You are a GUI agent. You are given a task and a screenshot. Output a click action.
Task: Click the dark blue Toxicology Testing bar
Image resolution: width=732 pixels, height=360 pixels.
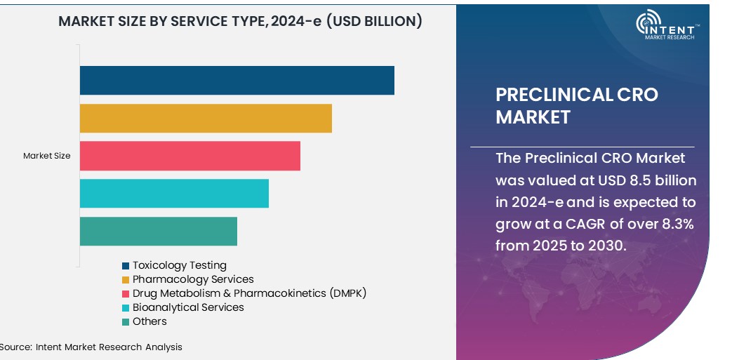(237, 80)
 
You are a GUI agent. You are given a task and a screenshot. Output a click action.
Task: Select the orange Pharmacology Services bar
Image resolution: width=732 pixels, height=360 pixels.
(205, 118)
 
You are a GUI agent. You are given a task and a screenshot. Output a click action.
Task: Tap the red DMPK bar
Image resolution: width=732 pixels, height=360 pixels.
(189, 156)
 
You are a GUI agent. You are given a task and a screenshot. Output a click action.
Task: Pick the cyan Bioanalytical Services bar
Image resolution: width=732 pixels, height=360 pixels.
(174, 193)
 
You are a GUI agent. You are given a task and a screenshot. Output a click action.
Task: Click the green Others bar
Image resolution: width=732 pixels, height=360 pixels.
(158, 231)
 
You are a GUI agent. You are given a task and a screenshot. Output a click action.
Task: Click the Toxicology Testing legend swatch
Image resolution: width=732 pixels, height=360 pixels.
(126, 266)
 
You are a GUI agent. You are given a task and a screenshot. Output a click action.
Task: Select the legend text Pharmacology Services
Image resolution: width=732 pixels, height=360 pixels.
(193, 279)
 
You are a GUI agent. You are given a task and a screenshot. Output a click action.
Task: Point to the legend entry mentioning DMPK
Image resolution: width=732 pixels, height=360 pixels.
(249, 293)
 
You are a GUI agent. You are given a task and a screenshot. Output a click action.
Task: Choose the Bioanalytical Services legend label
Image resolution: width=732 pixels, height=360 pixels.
(188, 307)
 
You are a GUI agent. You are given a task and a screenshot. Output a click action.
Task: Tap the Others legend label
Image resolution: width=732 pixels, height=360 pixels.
(149, 321)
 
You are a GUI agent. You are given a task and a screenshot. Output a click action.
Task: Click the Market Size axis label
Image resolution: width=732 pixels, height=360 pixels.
(46, 156)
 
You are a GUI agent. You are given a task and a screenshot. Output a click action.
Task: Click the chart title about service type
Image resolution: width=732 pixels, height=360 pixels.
(240, 21)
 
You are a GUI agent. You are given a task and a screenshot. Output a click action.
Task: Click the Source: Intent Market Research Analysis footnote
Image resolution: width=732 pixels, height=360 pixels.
(91, 347)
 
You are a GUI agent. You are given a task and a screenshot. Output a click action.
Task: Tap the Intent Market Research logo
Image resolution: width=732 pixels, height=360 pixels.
(667, 26)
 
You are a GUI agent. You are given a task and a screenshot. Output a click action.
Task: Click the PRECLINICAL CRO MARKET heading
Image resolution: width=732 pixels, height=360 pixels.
(576, 105)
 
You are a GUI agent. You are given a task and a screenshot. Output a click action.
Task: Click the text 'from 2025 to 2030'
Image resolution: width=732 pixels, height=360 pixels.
(559, 246)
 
